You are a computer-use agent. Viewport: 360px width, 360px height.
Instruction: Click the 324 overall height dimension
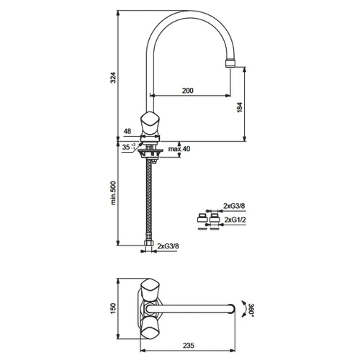pos(113,77)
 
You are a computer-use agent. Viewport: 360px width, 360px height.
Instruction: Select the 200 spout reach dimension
pos(187,91)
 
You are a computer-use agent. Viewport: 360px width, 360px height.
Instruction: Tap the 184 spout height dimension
pos(240,107)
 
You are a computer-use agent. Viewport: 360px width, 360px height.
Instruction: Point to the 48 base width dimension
pos(127,131)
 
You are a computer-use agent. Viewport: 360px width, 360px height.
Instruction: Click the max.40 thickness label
pos(179,149)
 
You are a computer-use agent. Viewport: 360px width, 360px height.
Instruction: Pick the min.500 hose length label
pos(113,193)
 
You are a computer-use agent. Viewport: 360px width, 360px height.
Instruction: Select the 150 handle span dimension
pos(113,308)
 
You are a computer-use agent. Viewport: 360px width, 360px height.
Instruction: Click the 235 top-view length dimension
pos(189,346)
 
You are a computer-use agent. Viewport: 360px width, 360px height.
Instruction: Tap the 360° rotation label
pos(251,310)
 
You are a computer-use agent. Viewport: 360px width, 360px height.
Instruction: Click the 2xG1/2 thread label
pos(235,220)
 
